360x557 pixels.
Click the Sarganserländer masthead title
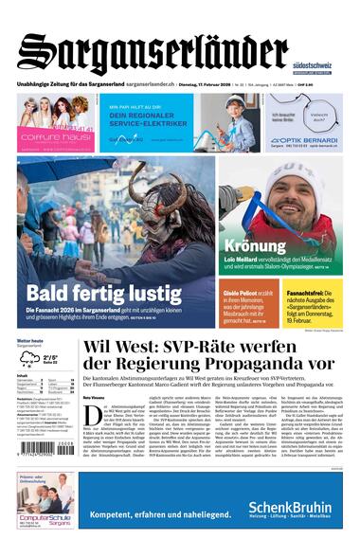click(x=152, y=52)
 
